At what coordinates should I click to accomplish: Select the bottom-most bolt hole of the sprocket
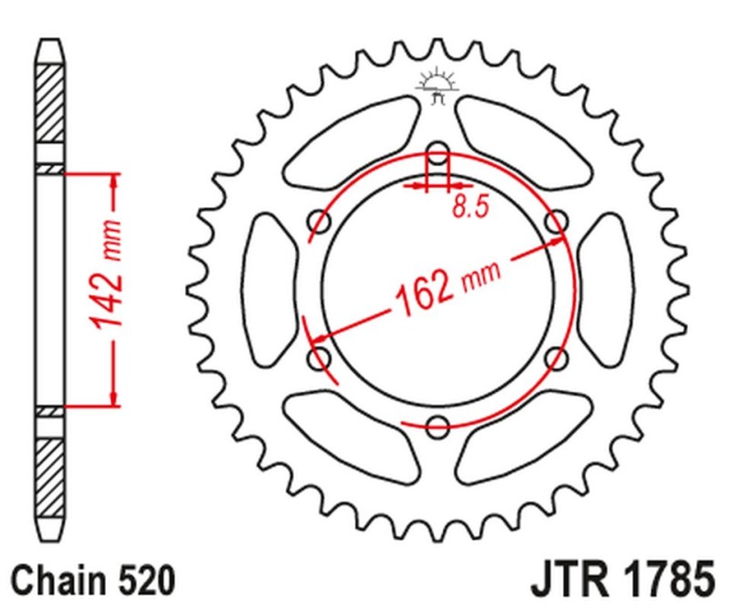(438, 423)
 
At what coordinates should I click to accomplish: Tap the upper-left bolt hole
(320, 221)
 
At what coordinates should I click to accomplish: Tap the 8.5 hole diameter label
(469, 207)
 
